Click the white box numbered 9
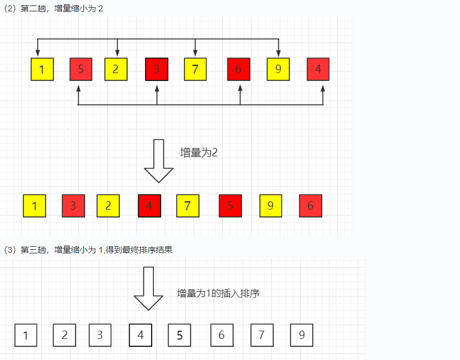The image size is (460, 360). point(301,335)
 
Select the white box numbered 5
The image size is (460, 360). point(179,335)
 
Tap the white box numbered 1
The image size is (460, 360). point(25,335)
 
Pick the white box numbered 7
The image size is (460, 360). point(262,335)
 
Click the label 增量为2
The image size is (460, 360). point(199,152)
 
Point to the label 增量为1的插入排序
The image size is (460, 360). point(218,294)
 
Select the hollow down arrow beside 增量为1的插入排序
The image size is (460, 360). point(148,288)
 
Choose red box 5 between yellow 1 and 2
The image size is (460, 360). point(81,69)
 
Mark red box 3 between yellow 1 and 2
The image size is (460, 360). point(73,206)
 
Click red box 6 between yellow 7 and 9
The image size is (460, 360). point(238,69)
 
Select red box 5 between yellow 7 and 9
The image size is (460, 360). point(231,206)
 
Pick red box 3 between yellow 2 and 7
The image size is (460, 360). point(157,69)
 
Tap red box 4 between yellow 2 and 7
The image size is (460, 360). point(149,206)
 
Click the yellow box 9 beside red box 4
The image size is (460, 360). point(278,69)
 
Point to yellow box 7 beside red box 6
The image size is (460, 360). point(195,69)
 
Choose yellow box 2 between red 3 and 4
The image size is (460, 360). point(108,206)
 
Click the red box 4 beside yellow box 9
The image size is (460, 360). point(318,69)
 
